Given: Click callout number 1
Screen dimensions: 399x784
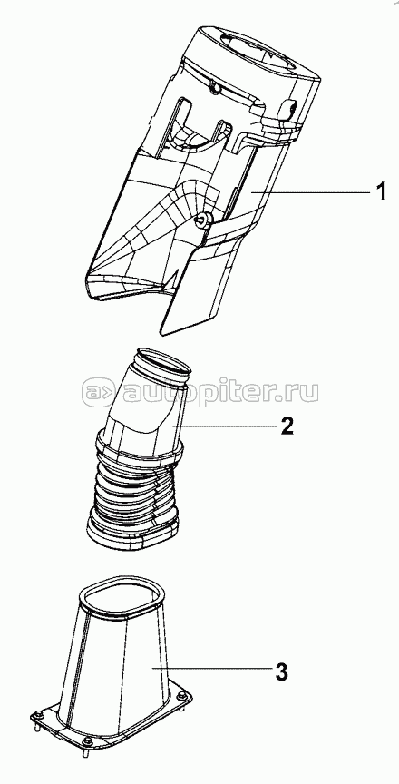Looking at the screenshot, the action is (381, 191).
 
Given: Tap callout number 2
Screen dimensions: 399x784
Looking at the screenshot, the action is (287, 426).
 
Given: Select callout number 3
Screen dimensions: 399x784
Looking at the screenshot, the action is (282, 671).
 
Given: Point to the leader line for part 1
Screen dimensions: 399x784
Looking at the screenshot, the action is (308, 192).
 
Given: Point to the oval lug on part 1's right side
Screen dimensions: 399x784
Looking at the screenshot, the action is (289, 108).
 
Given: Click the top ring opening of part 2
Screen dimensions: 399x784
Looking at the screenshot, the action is (164, 362).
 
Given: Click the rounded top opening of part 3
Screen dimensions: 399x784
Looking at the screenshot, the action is (122, 597).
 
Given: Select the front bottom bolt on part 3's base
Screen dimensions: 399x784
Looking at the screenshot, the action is (86, 741).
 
